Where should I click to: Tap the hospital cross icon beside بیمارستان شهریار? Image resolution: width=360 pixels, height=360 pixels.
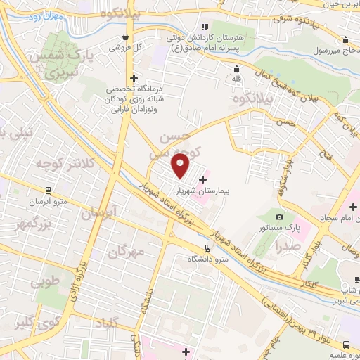point(203,179)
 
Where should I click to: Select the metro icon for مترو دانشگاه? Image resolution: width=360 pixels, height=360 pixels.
point(207,248)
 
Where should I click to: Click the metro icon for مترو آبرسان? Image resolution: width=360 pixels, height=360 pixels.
point(48,189)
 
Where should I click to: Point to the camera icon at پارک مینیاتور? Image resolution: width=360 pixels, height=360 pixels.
point(280,217)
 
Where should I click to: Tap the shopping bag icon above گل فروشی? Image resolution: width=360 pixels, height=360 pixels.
point(125,37)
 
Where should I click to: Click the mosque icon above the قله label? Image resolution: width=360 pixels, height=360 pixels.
point(237,68)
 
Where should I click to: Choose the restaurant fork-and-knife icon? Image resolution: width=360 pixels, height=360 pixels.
point(204,26)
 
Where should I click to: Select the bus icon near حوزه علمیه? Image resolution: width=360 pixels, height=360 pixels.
point(347,344)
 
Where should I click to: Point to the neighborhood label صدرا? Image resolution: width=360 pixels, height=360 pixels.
point(288,247)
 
